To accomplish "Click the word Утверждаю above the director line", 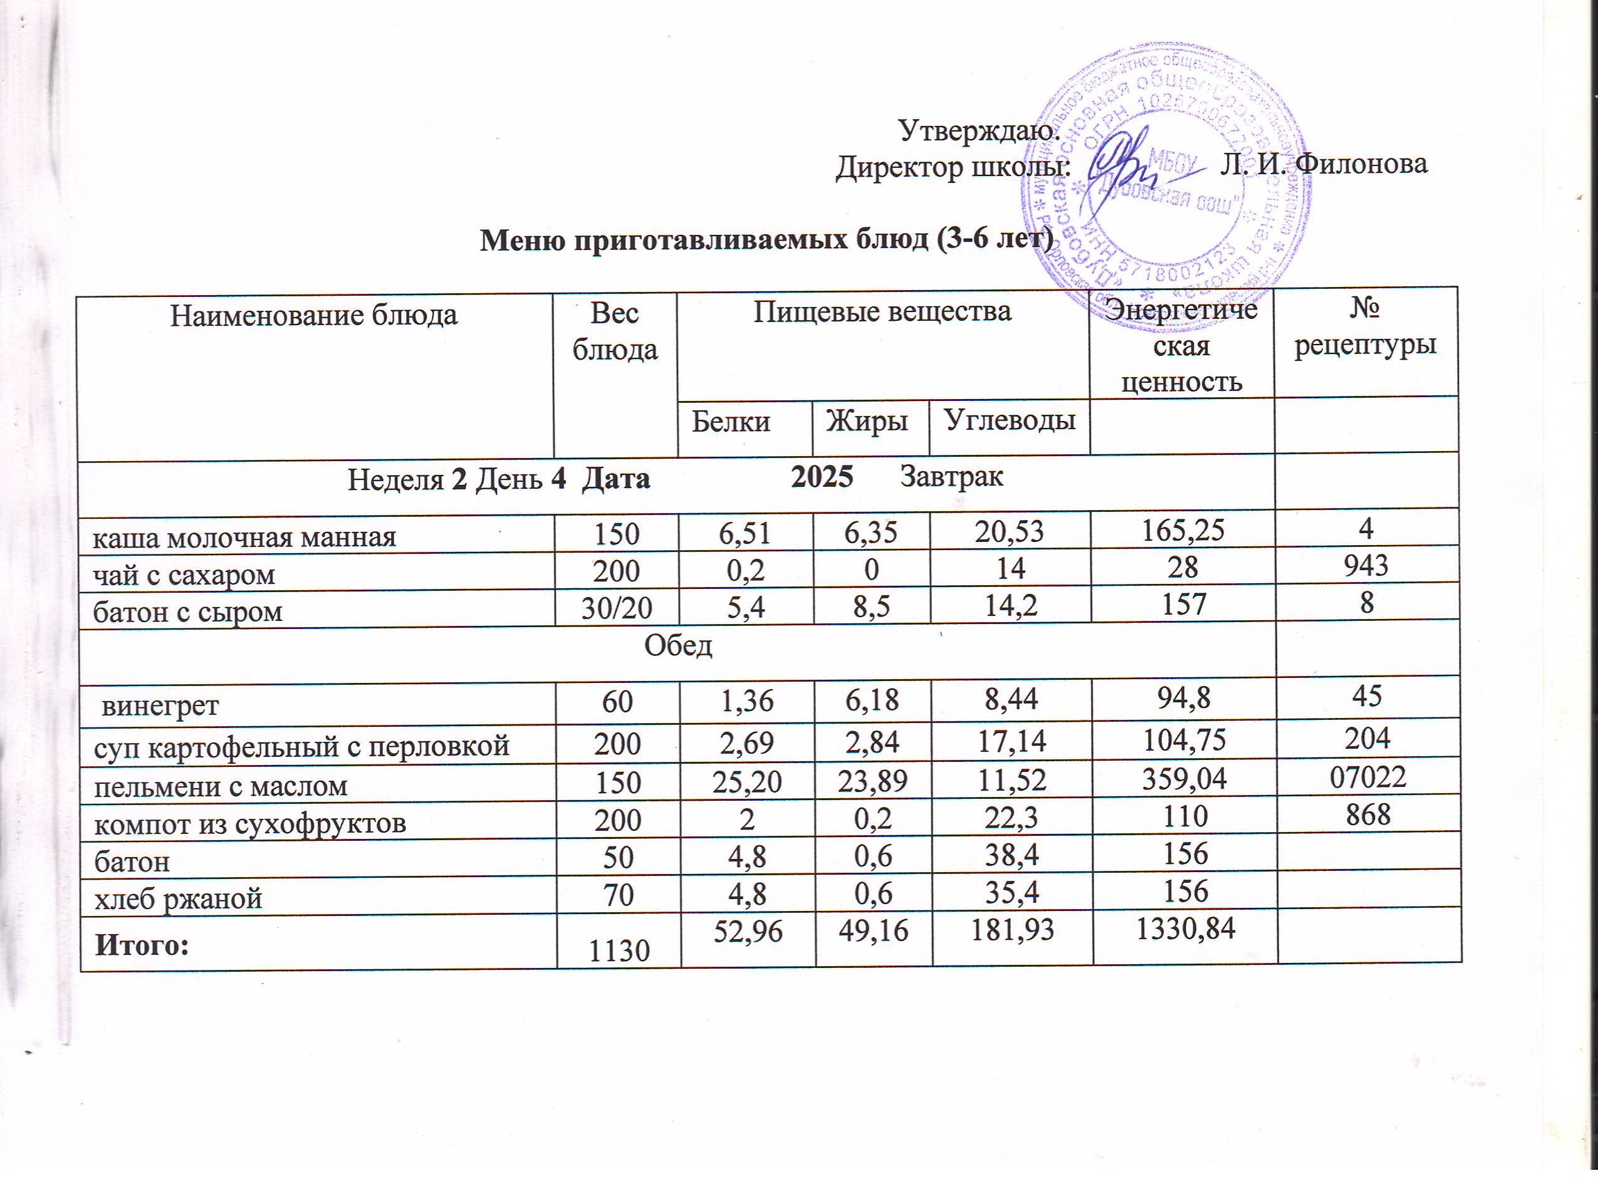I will [975, 132].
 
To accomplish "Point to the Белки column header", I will [731, 422].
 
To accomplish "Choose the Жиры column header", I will [867, 422].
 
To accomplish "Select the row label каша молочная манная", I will [244, 537].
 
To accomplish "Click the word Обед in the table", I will [679, 647].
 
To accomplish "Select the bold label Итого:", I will [143, 945].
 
